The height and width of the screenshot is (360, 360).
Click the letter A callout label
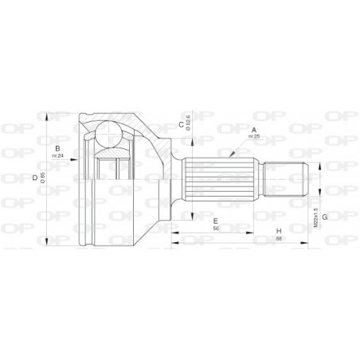(255, 129)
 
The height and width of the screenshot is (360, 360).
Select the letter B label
(57, 148)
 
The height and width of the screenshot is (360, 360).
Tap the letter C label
(182, 124)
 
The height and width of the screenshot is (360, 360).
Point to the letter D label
(33, 178)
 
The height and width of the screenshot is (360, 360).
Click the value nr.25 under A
(255, 137)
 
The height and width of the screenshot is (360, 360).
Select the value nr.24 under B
(57, 155)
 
